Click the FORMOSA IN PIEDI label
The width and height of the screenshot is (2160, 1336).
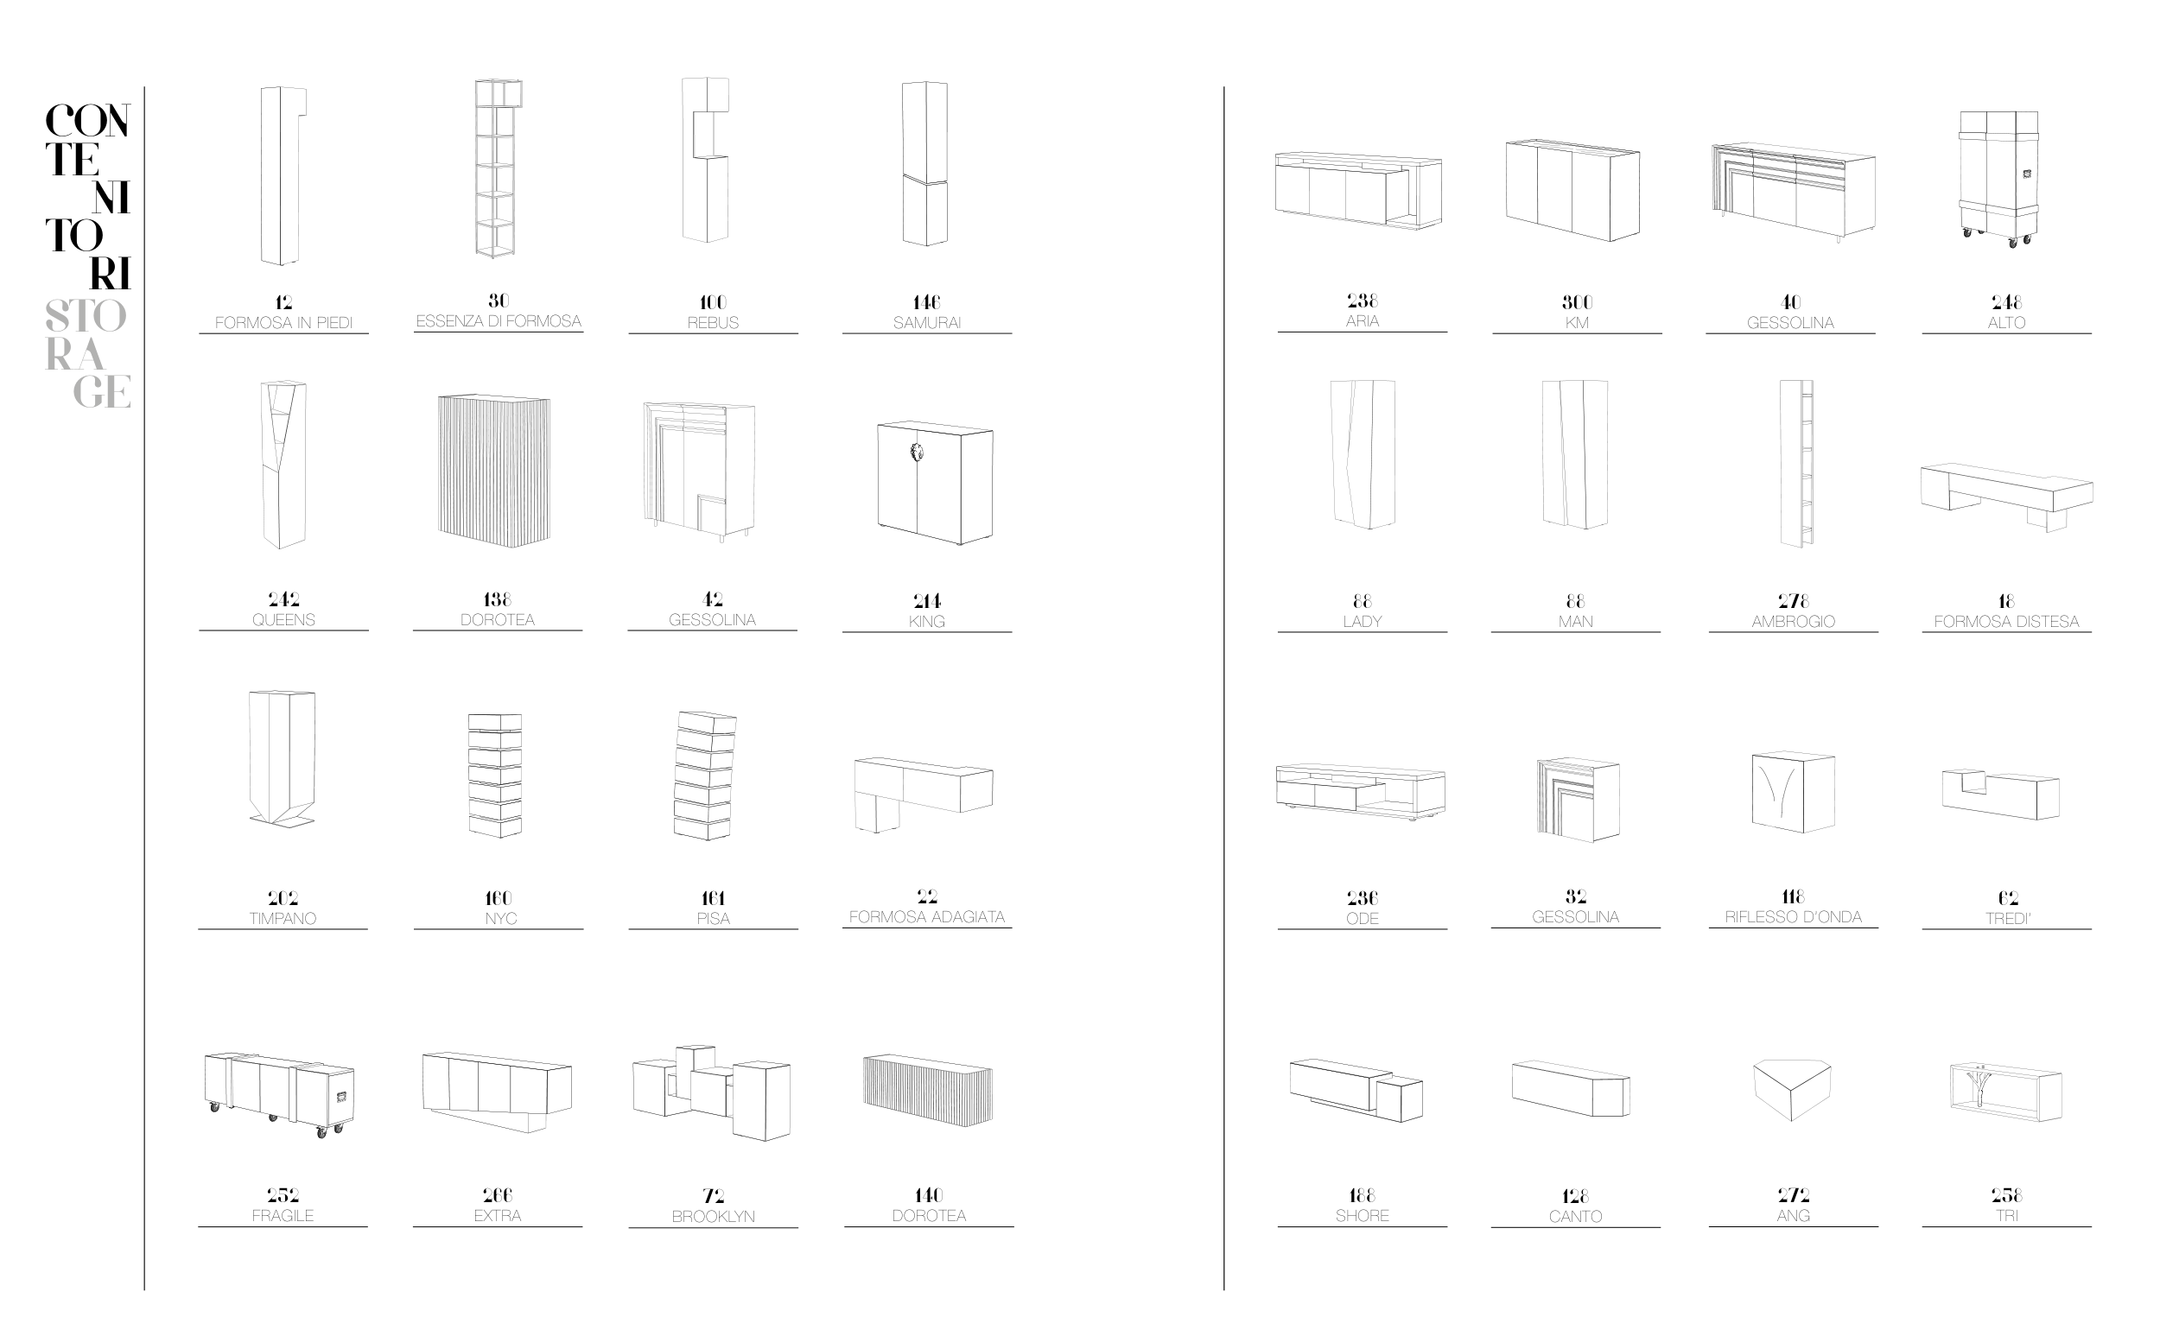(x=283, y=323)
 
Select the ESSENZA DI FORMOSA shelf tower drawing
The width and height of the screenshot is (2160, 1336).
(x=497, y=168)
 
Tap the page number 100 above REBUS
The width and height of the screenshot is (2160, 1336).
(x=712, y=302)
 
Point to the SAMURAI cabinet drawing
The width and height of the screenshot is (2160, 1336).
(x=924, y=164)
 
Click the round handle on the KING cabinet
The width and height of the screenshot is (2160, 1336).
(x=917, y=453)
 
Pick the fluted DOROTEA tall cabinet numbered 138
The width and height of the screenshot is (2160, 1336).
(x=494, y=470)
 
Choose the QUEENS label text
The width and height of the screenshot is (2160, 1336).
(x=283, y=620)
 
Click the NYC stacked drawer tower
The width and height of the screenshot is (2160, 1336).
(x=495, y=775)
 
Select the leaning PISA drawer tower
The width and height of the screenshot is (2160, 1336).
(x=705, y=775)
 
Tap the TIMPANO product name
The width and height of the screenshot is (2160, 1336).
(x=283, y=919)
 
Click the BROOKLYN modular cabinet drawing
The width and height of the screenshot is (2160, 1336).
(x=712, y=1092)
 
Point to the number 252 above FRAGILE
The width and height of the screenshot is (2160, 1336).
(x=283, y=1195)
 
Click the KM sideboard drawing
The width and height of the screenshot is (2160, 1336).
(x=1572, y=189)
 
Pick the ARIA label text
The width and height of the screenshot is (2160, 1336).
(x=1362, y=321)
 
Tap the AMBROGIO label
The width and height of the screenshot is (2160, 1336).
(x=1792, y=622)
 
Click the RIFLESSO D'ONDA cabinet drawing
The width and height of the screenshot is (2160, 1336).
(x=1793, y=792)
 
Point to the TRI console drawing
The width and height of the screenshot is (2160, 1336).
(x=2005, y=1092)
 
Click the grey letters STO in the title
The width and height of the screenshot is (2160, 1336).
(x=86, y=316)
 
